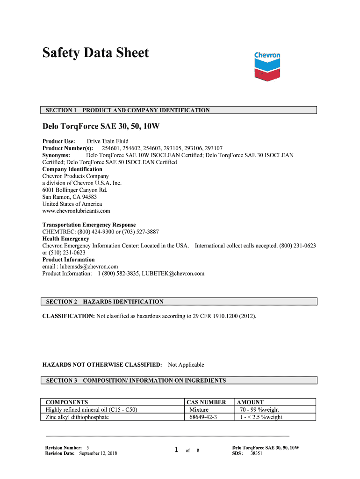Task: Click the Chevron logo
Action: pos(267,66)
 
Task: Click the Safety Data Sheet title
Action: pos(95,53)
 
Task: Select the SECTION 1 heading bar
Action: pos(180,110)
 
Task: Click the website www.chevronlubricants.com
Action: pos(76,211)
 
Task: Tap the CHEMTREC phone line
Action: pos(101,232)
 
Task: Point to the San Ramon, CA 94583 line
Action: pos(70,197)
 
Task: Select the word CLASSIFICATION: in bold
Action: pos(68,316)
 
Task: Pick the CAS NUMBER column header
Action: pos(206,402)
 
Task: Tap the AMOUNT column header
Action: pos(251,402)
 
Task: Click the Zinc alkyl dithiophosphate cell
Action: pos(77,417)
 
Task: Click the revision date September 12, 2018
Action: pos(98,454)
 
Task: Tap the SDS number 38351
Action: pos(256,454)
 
